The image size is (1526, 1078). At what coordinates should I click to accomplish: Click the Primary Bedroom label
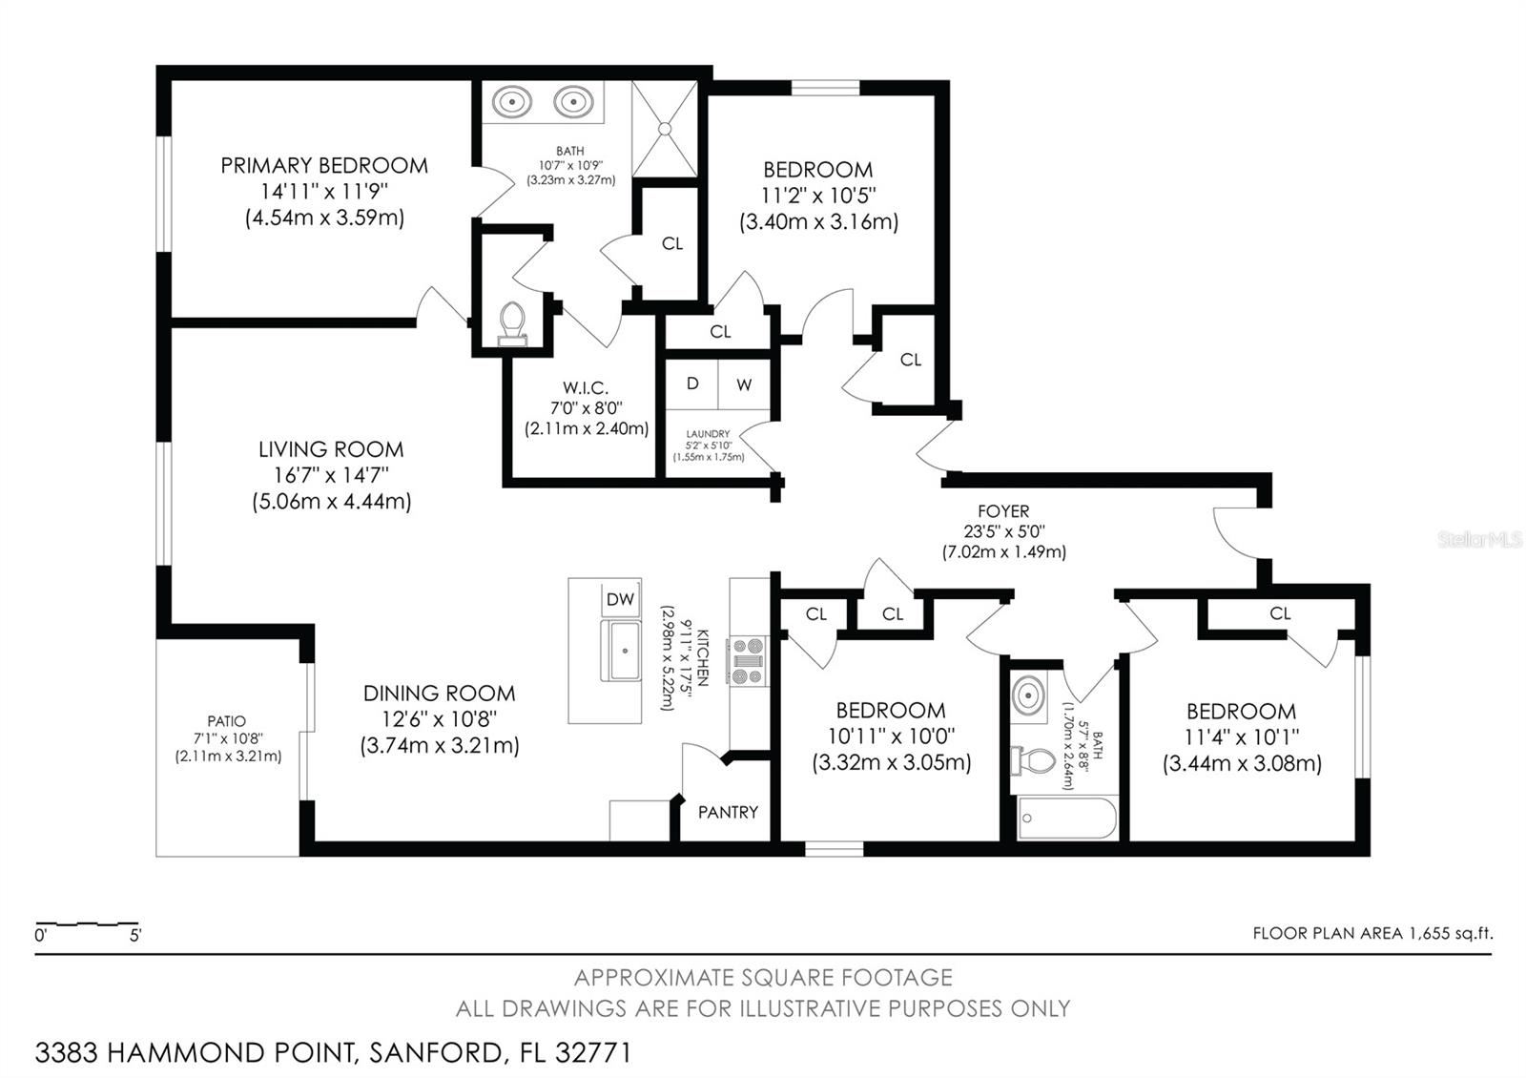(324, 165)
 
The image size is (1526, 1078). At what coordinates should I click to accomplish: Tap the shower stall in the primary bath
(665, 128)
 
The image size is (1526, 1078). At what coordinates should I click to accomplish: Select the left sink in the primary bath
(512, 100)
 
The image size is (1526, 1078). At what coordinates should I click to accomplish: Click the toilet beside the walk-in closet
(512, 321)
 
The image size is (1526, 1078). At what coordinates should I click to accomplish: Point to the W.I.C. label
(585, 387)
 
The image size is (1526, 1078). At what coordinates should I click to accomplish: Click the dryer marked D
(692, 384)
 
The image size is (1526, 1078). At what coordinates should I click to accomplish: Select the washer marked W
(744, 384)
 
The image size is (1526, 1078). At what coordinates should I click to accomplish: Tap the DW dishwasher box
(620, 599)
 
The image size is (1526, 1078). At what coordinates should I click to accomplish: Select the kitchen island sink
(624, 650)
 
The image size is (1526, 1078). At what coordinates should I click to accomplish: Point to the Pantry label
(728, 812)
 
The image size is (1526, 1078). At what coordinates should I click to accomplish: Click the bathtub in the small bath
(1067, 818)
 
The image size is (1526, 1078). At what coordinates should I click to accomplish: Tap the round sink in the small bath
(1028, 694)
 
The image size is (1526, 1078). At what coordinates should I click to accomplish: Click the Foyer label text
(1003, 511)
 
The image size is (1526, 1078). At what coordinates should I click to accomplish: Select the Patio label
(227, 721)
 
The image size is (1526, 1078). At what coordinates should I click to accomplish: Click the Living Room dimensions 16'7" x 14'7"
(331, 475)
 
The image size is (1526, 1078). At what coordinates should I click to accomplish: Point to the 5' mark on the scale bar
(135, 935)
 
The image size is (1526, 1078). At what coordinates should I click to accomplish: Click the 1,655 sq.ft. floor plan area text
(1449, 933)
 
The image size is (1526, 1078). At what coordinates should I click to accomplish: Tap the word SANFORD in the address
(435, 1053)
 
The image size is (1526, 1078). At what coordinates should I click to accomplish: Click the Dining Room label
(439, 694)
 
